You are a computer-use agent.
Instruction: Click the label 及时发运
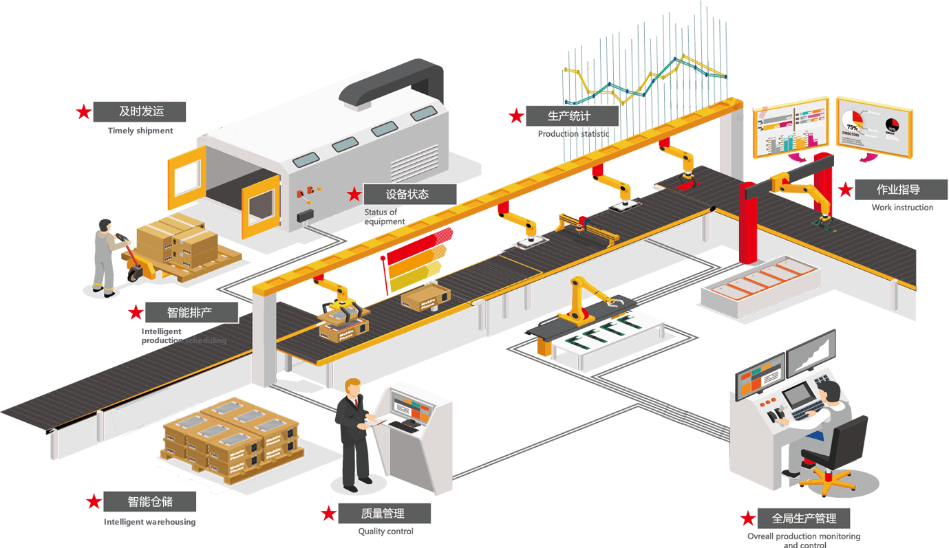(142, 111)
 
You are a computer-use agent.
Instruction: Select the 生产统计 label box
(568, 116)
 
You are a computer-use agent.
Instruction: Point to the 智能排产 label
(191, 313)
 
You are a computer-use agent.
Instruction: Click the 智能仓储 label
(148, 501)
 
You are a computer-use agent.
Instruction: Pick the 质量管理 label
(383, 513)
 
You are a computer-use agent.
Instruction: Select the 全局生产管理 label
(804, 518)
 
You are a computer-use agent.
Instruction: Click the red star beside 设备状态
(354, 195)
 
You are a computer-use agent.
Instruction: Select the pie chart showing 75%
(853, 122)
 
